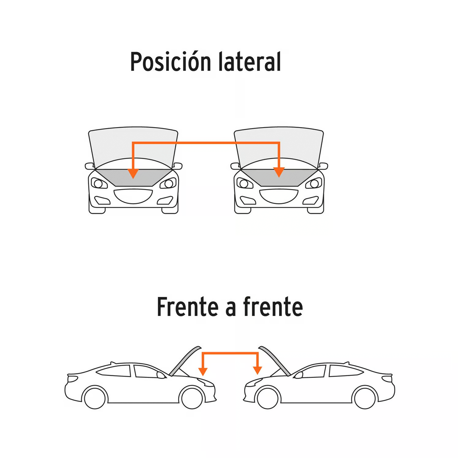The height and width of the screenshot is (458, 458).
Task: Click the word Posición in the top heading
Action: click(170, 61)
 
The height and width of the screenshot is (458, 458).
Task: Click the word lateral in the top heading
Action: click(250, 61)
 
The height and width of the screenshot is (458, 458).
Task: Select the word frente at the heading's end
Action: click(273, 307)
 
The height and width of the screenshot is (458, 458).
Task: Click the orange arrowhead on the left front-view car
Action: click(133, 173)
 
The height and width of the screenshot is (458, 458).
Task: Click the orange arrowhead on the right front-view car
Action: click(279, 172)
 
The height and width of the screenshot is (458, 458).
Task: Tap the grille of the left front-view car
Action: click(133, 196)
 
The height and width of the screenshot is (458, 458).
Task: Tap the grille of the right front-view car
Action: click(279, 196)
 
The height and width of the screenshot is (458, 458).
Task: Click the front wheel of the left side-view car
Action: click(192, 398)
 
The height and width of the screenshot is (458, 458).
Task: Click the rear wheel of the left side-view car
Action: click(95, 398)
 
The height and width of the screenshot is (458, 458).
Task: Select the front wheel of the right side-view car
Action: click(268, 398)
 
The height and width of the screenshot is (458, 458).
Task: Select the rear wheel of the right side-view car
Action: click(365, 398)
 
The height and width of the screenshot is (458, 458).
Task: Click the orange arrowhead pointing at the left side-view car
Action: click(203, 371)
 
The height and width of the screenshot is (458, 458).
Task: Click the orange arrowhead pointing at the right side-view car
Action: click(257, 370)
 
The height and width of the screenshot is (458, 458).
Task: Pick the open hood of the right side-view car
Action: click(274, 361)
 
